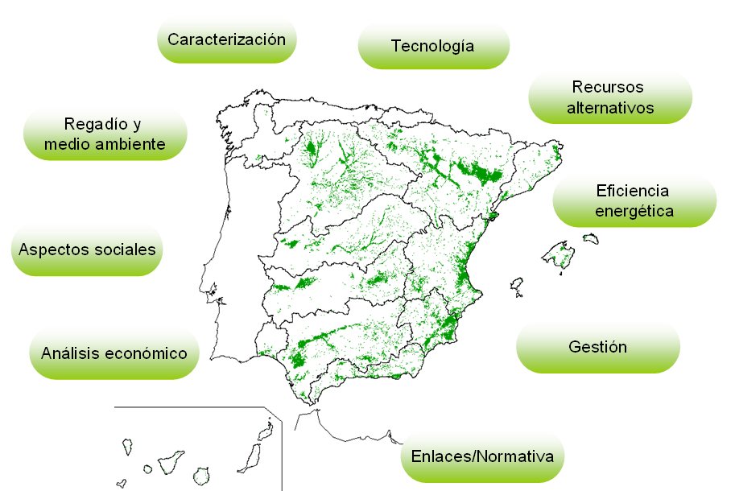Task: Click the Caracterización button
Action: click(227, 39)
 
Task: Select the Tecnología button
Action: click(432, 46)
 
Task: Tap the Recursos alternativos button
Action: click(609, 97)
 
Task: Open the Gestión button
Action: click(597, 348)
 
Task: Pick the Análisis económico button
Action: click(114, 353)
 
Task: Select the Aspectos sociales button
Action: click(87, 250)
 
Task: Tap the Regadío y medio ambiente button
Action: click(105, 134)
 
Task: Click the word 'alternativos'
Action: click(609, 107)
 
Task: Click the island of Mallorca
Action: click(559, 255)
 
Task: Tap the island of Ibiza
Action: click(517, 285)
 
